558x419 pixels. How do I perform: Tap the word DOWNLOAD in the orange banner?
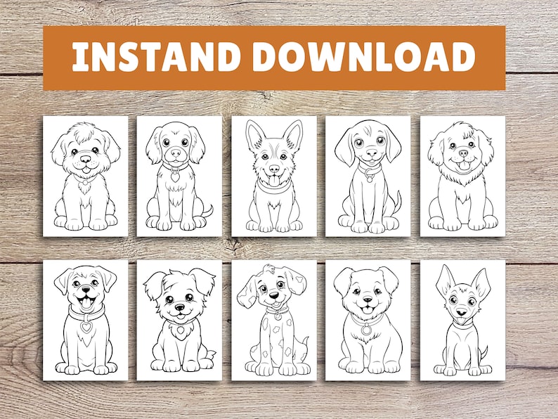point(365,58)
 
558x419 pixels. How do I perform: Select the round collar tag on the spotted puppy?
point(278,316)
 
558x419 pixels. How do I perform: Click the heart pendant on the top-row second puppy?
point(174,177)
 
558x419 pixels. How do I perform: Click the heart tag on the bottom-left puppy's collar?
point(86,327)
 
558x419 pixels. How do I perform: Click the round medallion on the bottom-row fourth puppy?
point(366,330)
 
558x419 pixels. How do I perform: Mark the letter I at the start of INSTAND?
point(79,58)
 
